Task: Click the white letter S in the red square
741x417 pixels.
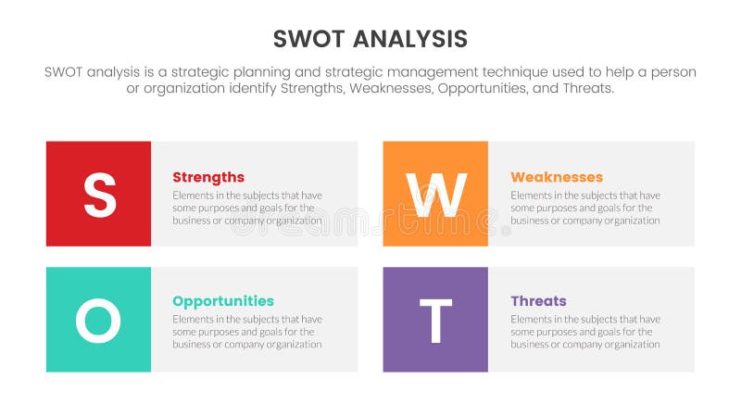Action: [99, 195]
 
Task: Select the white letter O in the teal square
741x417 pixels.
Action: [98, 321]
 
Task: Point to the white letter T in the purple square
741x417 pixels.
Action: [435, 321]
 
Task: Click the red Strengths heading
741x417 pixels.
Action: [208, 177]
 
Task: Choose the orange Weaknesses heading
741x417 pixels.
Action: [557, 177]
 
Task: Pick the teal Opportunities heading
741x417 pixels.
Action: [223, 301]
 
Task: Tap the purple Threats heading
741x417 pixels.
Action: [538, 301]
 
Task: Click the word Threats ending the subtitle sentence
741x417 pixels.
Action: [587, 89]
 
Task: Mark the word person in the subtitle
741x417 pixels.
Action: [672, 72]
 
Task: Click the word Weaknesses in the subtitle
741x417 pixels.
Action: [391, 89]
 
